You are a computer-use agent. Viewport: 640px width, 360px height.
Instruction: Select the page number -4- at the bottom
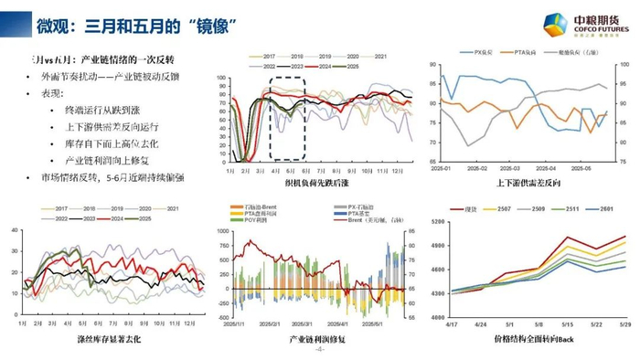coord(319,351)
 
